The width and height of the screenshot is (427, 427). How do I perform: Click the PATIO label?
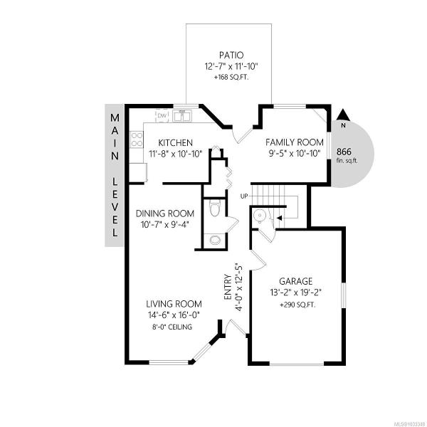(231, 55)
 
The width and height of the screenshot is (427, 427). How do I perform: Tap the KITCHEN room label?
(175, 143)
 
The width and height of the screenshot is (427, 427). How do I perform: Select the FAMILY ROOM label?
(295, 142)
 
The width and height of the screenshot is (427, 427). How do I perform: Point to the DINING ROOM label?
(165, 213)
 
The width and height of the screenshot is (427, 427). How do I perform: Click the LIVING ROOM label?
(174, 304)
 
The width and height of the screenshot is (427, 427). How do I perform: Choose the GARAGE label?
(295, 281)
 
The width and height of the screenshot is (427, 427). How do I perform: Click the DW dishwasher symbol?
(162, 116)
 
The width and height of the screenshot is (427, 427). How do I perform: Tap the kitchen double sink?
(182, 115)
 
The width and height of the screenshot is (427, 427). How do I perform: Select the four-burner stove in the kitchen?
(137, 139)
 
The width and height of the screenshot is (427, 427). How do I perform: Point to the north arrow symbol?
(344, 115)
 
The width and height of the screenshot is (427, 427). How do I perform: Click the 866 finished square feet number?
(344, 152)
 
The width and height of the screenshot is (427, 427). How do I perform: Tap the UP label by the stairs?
(244, 196)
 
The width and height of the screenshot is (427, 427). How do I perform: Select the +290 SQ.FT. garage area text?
(297, 305)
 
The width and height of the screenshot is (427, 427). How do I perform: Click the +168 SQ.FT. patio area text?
(231, 78)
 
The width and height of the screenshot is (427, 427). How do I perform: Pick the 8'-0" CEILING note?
(172, 327)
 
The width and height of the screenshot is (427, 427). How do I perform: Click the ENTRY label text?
(228, 287)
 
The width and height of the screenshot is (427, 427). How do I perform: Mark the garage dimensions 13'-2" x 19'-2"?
(296, 292)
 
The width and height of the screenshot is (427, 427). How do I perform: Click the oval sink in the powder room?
(215, 240)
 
